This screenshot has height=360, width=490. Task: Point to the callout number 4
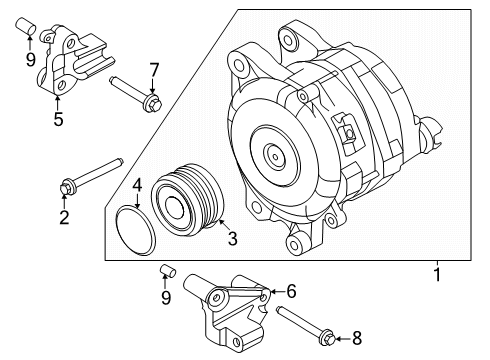[x=138, y=184]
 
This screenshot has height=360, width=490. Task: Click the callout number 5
[x=59, y=121]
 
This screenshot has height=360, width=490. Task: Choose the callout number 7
[x=153, y=69]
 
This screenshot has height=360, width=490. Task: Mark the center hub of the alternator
[x=273, y=154]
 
